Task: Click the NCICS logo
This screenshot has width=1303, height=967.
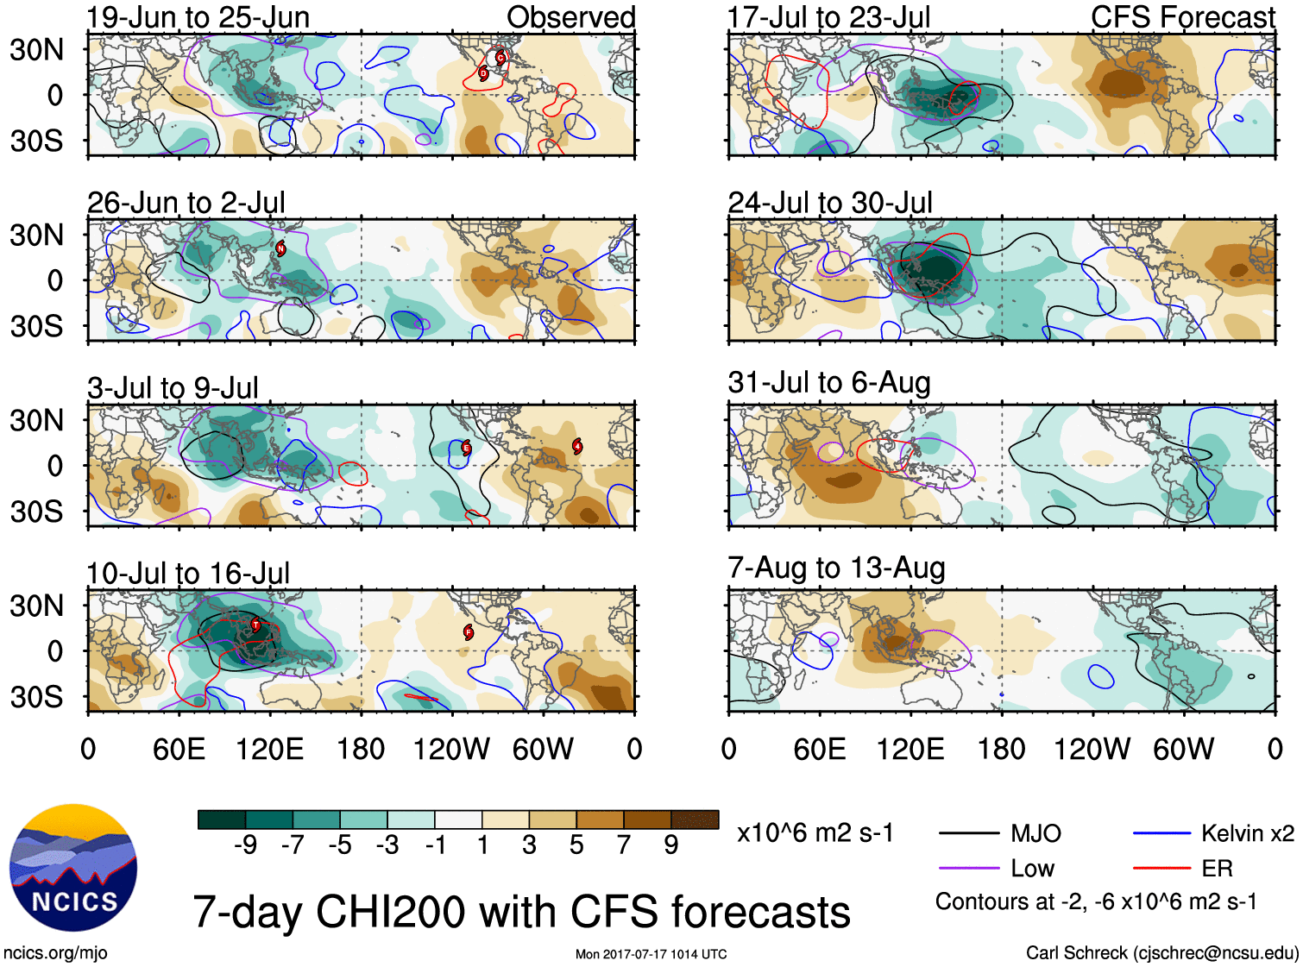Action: point(73,867)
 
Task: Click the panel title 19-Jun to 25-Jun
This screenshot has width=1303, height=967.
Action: point(198,17)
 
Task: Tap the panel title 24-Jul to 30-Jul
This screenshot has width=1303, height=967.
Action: point(830,203)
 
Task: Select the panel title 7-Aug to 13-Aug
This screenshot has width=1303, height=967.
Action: point(836,568)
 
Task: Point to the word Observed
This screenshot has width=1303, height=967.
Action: point(570,17)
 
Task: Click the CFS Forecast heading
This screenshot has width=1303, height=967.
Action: point(1182,17)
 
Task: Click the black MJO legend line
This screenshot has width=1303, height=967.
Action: point(969,833)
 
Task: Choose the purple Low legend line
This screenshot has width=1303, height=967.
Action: point(969,869)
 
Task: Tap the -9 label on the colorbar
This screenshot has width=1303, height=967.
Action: point(245,845)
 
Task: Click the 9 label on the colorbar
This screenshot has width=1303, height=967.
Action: point(670,845)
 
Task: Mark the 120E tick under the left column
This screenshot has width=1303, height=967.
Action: point(269,749)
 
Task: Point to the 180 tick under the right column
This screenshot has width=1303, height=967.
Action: point(1001,749)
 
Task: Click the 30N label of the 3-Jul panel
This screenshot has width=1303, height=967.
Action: point(36,420)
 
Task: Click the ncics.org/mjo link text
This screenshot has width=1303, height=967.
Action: point(55,952)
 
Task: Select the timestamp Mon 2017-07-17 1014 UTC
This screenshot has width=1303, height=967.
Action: point(651,954)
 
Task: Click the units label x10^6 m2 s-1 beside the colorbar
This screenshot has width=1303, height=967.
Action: point(815,833)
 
